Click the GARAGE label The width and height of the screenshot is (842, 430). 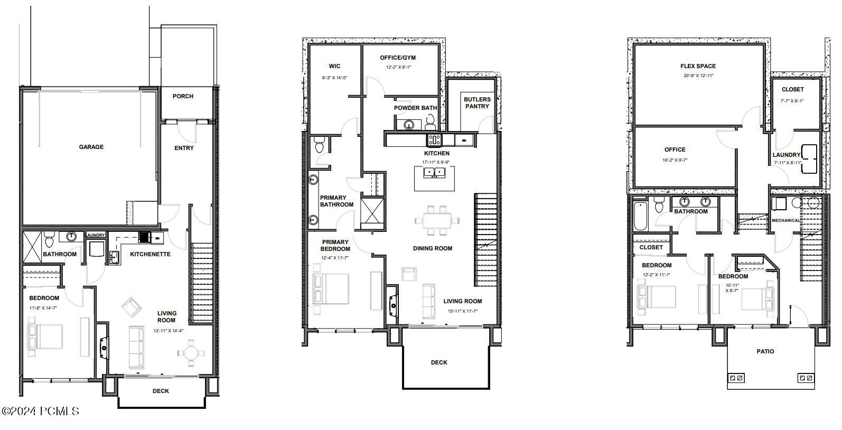91,147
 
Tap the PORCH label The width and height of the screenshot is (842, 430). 183,96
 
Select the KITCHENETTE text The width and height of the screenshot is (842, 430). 150,254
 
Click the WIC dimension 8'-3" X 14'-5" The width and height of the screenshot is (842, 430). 334,78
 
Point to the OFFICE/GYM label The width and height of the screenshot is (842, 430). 398,58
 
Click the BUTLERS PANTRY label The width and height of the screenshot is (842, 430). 477,102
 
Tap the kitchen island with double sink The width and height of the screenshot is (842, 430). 435,177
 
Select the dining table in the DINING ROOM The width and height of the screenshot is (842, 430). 437,220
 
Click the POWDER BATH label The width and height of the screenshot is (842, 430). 415,108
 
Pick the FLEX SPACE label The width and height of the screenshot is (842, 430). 698,66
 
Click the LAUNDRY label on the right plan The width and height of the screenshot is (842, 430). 787,155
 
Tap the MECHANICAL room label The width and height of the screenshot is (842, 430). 785,220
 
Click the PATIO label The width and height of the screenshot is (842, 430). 765,351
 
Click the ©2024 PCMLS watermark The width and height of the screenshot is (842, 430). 40,411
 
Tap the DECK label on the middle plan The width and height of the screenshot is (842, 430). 439,362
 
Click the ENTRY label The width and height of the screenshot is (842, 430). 184,148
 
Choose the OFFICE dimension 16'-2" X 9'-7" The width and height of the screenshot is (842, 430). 675,160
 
